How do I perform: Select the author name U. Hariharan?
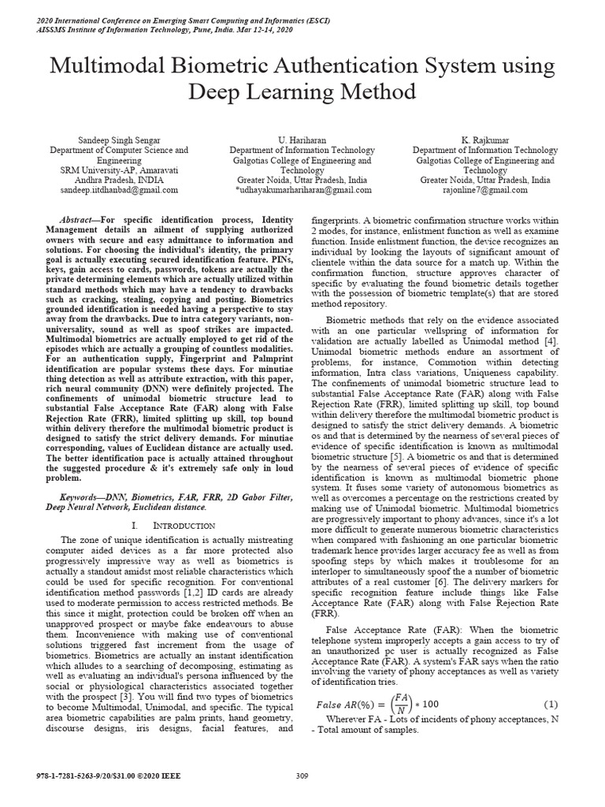pyautogui.click(x=302, y=139)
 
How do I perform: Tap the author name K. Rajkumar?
pyautogui.click(x=485, y=139)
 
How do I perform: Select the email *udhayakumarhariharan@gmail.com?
pyautogui.click(x=302, y=190)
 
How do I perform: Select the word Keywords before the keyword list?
pyautogui.click(x=82, y=497)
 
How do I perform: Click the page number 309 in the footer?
pyautogui.click(x=302, y=776)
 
